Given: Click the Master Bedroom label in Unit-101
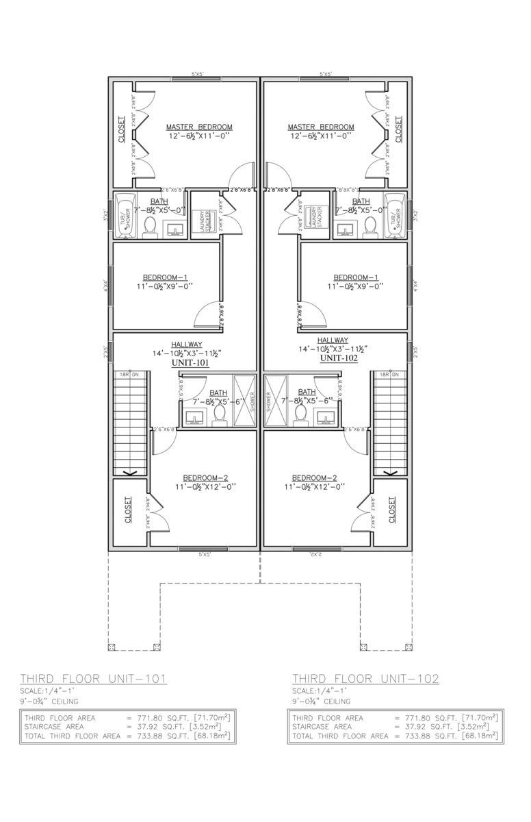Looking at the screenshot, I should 199,127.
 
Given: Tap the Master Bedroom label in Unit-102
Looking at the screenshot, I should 321,127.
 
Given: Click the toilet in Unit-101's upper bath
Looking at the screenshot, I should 151,227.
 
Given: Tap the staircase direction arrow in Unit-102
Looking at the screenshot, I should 391,472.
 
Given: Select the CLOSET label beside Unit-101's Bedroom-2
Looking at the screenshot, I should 129,511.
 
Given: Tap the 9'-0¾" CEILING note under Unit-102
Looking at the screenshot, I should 322,701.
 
